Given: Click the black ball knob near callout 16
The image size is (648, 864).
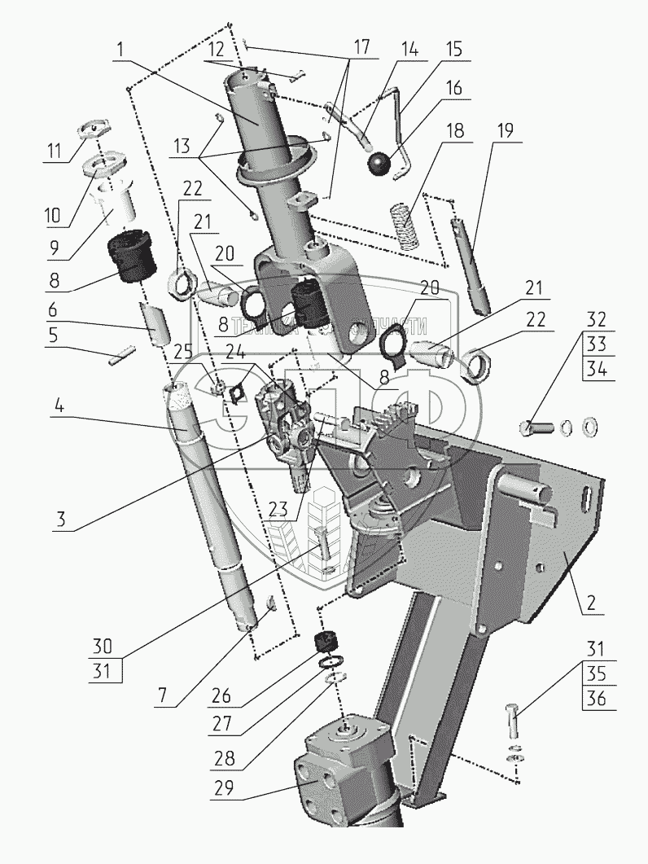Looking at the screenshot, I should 378,164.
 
